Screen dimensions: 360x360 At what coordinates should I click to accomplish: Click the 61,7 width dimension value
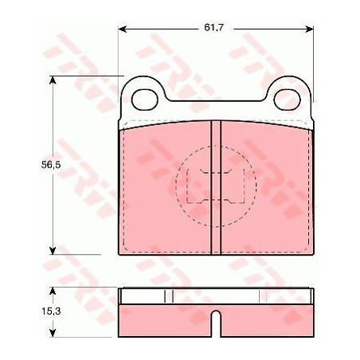pyautogui.click(x=213, y=27)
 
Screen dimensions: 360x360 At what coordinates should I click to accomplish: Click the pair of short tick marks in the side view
pyautogui.click(x=168, y=295)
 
